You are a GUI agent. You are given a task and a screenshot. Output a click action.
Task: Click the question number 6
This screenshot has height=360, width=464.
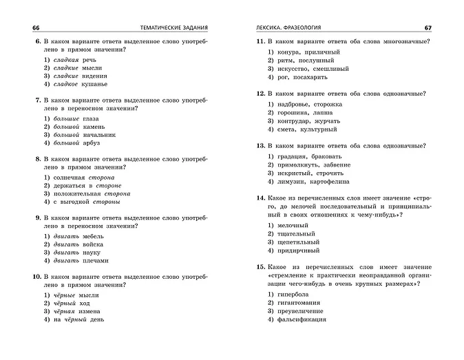pos(37,42)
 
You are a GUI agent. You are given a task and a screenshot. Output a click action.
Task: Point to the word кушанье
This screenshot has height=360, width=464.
pos(94,84)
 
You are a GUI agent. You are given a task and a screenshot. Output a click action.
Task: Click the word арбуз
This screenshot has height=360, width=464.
pos(90,143)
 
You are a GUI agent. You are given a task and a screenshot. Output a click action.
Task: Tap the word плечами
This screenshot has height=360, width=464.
pos(95,261)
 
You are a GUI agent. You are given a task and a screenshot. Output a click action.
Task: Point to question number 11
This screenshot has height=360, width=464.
pos(260,42)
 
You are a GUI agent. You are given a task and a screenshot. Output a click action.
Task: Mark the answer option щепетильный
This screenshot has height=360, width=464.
pos(298,243)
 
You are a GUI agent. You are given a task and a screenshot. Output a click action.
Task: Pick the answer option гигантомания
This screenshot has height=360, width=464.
pos(302,303)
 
